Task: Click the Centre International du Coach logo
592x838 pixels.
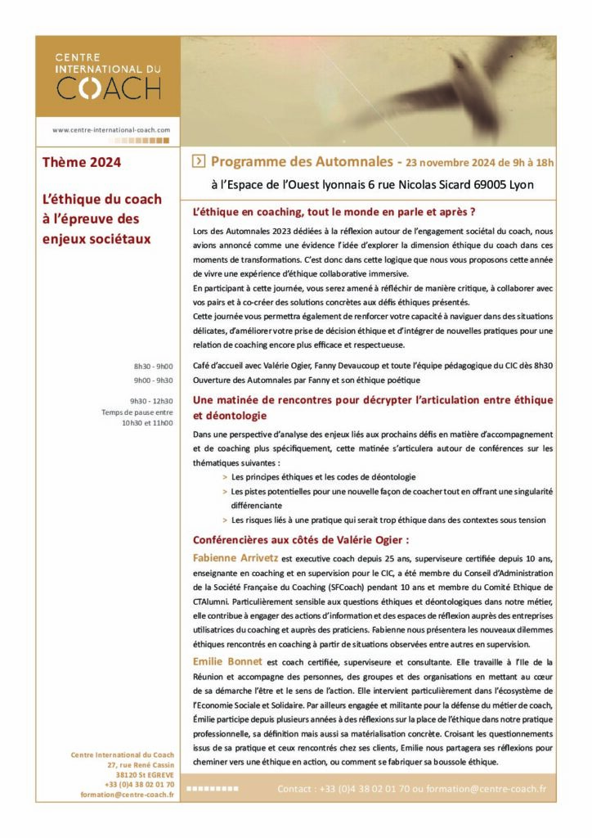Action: [x=108, y=76]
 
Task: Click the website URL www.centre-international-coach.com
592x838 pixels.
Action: [x=111, y=129]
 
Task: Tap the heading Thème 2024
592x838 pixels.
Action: [x=82, y=162]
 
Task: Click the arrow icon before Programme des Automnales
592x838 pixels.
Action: [x=197, y=162]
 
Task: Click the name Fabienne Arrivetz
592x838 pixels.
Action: [x=234, y=557]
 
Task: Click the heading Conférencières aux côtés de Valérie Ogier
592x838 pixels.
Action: [x=300, y=539]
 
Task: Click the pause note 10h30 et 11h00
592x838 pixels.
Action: [x=147, y=423]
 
